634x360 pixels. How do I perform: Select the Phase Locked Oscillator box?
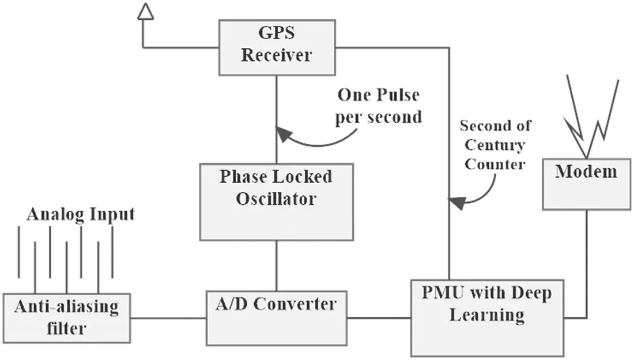pos(276,202)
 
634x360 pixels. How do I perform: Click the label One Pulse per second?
pos(379,106)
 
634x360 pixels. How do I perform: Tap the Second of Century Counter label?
pos(495,145)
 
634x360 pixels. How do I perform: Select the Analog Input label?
pos(80,215)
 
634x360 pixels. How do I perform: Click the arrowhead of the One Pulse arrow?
pos(283,134)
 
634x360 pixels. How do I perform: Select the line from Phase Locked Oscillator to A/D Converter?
pos(276,266)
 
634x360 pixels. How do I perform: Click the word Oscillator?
pos(276,199)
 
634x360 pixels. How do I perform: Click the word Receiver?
pos(276,55)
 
